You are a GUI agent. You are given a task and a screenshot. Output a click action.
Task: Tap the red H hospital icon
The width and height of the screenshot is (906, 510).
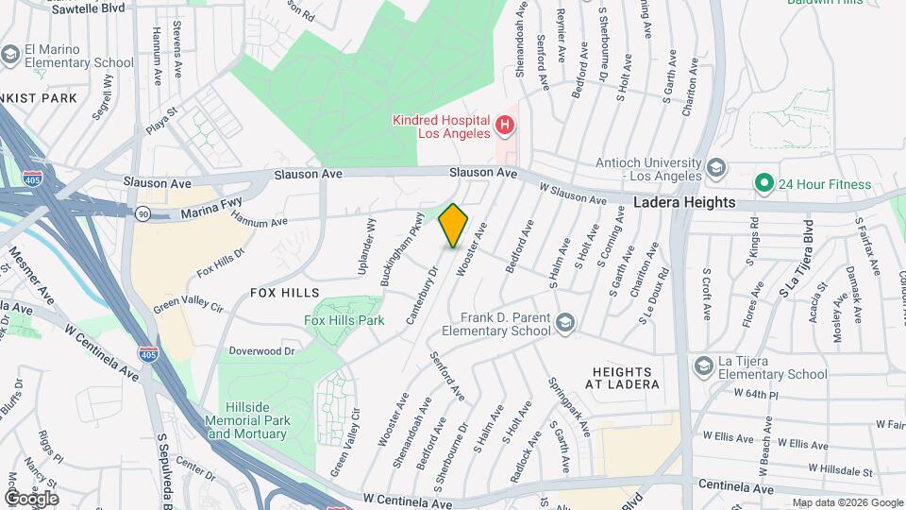click(505, 125)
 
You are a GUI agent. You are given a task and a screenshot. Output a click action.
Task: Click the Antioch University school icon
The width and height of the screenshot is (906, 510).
click(715, 168)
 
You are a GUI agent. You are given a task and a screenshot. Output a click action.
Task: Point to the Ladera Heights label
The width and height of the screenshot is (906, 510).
click(684, 202)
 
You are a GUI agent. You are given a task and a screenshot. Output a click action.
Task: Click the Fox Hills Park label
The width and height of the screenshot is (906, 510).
click(344, 320)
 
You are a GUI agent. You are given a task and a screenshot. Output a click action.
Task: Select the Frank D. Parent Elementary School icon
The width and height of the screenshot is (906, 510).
click(564, 324)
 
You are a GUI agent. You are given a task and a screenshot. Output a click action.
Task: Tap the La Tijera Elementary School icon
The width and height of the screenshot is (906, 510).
click(702, 365)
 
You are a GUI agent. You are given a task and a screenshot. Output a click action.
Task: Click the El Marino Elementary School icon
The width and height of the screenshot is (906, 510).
click(10, 57)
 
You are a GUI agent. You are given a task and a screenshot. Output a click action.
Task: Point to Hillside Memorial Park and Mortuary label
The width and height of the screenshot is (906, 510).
click(247, 427)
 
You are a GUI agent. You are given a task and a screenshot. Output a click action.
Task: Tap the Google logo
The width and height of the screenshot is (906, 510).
click(31, 498)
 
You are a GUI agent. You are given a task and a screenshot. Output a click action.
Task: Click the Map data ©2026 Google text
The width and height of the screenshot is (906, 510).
click(847, 502)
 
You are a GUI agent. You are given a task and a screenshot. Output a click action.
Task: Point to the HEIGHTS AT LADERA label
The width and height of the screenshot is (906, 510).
click(626, 378)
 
